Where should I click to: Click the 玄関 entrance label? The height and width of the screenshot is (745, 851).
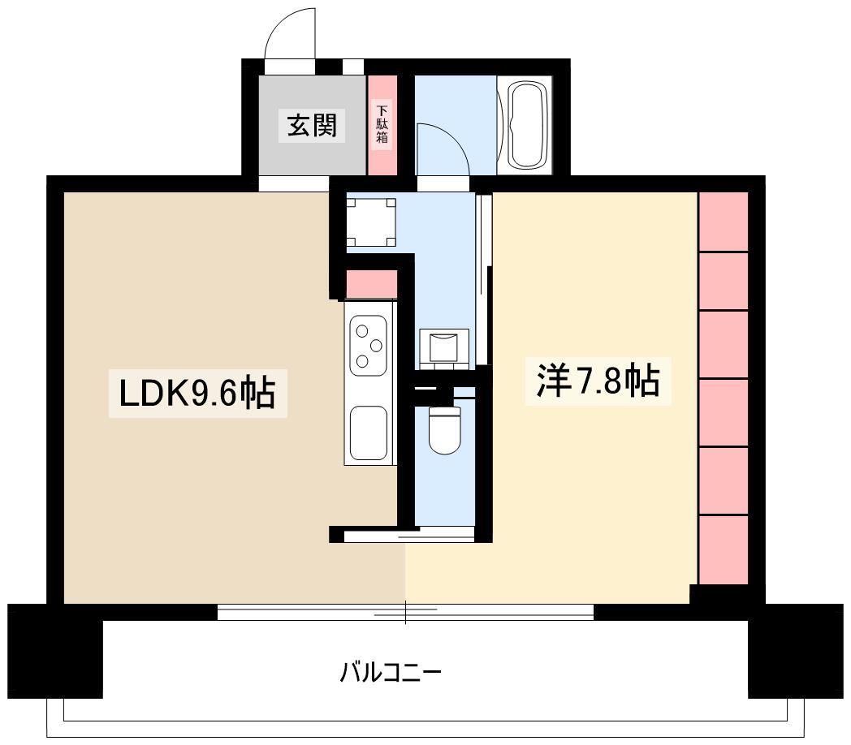[x=312, y=126]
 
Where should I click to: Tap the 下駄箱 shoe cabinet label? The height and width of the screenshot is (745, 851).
[x=382, y=125]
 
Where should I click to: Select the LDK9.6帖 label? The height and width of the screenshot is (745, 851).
[x=197, y=394]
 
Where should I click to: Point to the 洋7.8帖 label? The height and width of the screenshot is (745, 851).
[x=597, y=381]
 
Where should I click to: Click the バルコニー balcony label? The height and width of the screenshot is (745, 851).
[x=391, y=673]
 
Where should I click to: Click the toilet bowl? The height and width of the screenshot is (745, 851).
[x=443, y=430]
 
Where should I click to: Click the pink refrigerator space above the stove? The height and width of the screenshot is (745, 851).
[x=371, y=285]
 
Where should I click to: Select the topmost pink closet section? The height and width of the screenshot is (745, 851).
[x=723, y=222]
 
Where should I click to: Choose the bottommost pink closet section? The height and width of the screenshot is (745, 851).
[x=723, y=549]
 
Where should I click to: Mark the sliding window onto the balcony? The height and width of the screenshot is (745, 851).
[x=406, y=611]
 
